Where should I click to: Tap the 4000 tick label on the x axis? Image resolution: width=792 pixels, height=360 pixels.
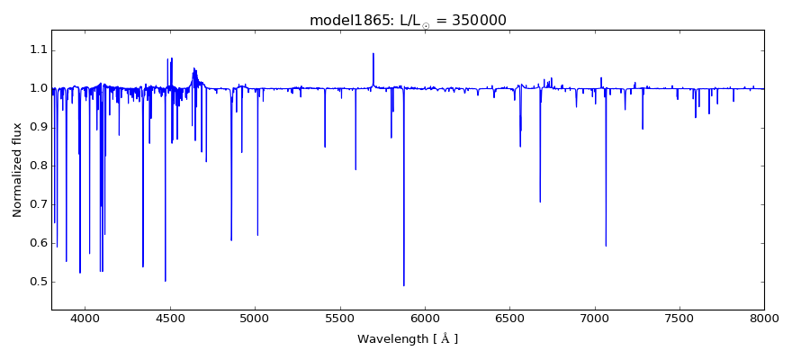tap(85, 318)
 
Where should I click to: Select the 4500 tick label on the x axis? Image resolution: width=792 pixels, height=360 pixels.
tap(170, 318)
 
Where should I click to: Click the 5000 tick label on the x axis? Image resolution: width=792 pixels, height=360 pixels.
tap(255, 318)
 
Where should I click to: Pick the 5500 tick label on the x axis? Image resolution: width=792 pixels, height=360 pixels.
tap(339, 318)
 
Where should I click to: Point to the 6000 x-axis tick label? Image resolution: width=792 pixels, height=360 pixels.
tap(425, 318)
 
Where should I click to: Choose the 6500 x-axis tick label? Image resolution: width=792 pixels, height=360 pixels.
tap(509, 318)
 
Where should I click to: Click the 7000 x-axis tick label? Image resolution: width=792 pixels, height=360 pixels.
tap(594, 318)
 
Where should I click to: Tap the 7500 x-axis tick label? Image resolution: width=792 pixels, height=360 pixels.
tap(679, 318)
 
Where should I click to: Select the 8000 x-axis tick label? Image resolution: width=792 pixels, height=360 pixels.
tap(764, 318)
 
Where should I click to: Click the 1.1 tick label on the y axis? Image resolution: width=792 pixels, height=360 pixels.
tap(36, 49)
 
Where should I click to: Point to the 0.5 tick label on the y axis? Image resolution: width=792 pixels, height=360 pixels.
tap(36, 282)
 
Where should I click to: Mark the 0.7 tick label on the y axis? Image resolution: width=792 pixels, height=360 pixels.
tap(36, 204)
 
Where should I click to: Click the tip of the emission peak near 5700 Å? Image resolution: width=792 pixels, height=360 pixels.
tap(373, 53)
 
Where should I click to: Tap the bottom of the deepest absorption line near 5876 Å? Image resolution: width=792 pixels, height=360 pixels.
tap(404, 285)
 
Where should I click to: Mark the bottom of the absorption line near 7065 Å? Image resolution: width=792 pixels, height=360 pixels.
tap(606, 246)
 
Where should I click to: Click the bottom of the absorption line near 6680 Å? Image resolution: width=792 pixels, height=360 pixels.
tap(540, 202)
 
